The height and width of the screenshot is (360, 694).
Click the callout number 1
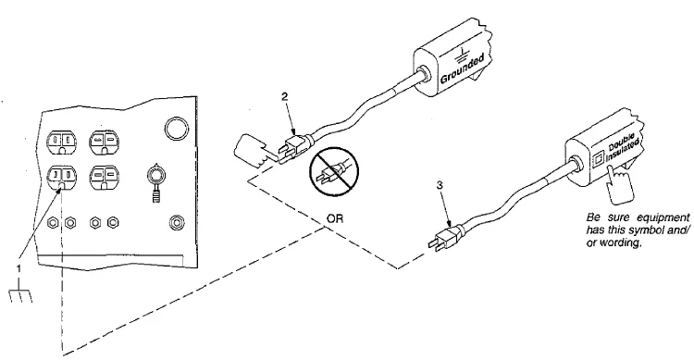click(19, 268)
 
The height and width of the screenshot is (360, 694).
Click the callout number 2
click(286, 97)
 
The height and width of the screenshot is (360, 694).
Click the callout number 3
click(440, 185)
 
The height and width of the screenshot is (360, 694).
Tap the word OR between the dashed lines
click(335, 218)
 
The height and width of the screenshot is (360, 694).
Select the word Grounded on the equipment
click(462, 68)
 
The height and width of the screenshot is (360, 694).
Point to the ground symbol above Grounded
click(462, 55)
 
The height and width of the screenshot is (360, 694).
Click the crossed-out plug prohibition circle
click(334, 171)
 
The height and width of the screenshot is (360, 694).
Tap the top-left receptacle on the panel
click(61, 142)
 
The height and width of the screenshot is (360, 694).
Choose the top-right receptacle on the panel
click(104, 142)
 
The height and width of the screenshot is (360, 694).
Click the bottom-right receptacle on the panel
click(104, 178)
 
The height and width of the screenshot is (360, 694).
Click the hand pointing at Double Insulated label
click(620, 184)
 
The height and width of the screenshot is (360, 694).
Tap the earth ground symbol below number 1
click(20, 292)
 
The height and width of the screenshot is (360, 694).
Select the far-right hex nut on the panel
click(177, 221)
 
